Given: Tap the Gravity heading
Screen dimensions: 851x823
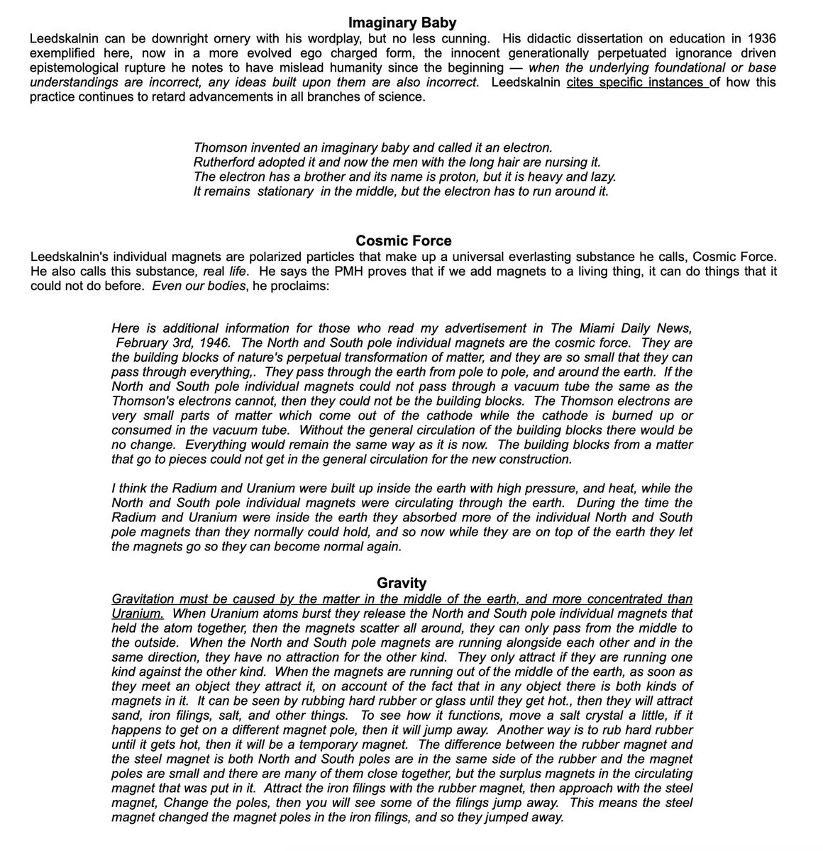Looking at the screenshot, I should [x=402, y=583].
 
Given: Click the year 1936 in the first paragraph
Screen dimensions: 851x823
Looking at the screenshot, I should [x=760, y=38].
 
